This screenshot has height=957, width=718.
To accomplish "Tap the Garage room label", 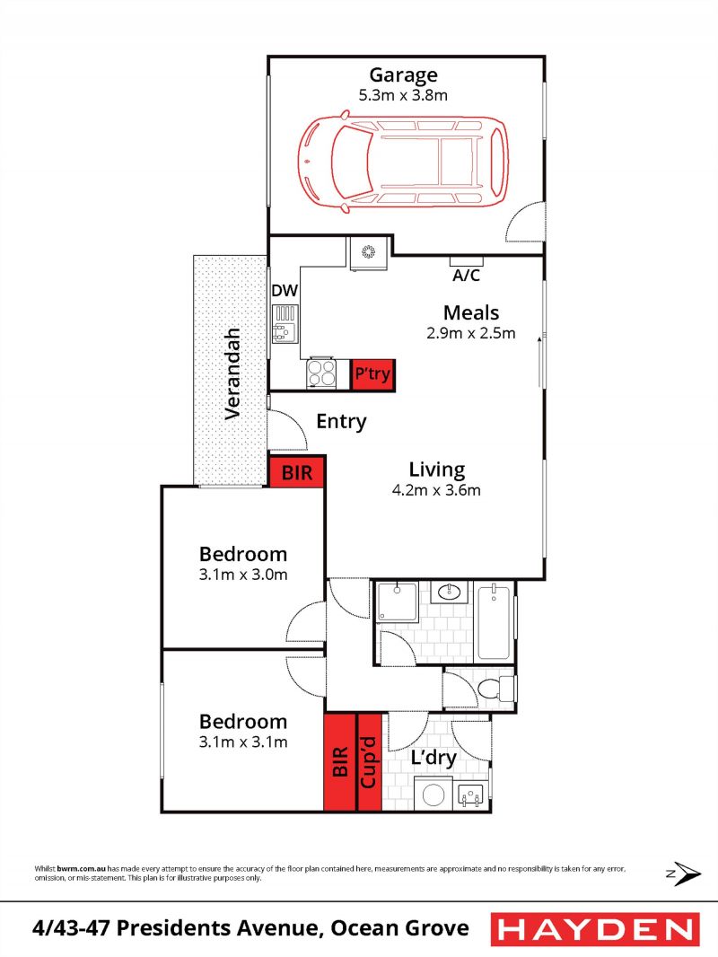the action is (403, 75).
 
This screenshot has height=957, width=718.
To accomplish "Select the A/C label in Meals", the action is (466, 276).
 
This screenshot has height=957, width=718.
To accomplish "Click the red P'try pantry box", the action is (372, 374).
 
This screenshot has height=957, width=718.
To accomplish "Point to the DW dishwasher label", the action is (285, 291).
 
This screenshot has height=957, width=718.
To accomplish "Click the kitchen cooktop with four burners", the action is (321, 373).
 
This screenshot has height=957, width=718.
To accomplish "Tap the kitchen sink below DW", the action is (285, 324).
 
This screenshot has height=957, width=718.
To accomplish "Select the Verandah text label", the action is (232, 373).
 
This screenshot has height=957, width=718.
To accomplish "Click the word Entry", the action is (341, 421).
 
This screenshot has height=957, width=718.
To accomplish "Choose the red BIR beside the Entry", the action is (297, 472).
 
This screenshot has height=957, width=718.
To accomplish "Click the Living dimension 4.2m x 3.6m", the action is (436, 489).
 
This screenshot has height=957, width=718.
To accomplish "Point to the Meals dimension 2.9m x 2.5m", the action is (471, 333).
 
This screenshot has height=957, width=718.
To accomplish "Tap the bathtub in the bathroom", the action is (493, 621).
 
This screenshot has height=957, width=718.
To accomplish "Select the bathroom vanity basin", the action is (450, 592).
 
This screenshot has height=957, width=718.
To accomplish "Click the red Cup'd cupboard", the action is (369, 762).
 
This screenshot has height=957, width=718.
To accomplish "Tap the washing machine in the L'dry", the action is (433, 794).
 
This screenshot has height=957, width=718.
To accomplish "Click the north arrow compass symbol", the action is (684, 874).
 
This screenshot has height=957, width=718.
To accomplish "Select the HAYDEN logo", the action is (595, 929).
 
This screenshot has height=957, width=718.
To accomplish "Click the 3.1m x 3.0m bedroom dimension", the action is (243, 575).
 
